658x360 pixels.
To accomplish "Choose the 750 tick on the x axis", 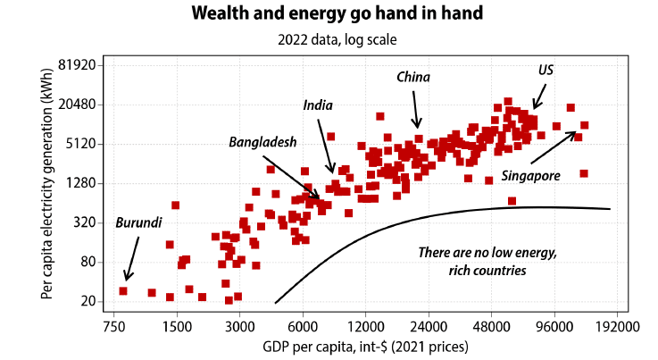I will click(x=113, y=328).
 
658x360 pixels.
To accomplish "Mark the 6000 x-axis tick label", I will click(x=303, y=328).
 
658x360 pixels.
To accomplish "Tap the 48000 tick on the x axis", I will click(x=492, y=328).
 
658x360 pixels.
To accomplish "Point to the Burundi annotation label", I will click(x=138, y=222).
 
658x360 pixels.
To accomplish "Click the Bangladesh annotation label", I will click(x=262, y=141).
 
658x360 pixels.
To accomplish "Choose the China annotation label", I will click(x=413, y=78).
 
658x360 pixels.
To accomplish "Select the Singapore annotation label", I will click(x=531, y=176).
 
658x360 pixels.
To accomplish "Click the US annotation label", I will click(x=546, y=70).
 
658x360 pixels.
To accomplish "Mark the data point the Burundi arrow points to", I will click(x=123, y=291).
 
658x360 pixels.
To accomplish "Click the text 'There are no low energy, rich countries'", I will click(x=487, y=261).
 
